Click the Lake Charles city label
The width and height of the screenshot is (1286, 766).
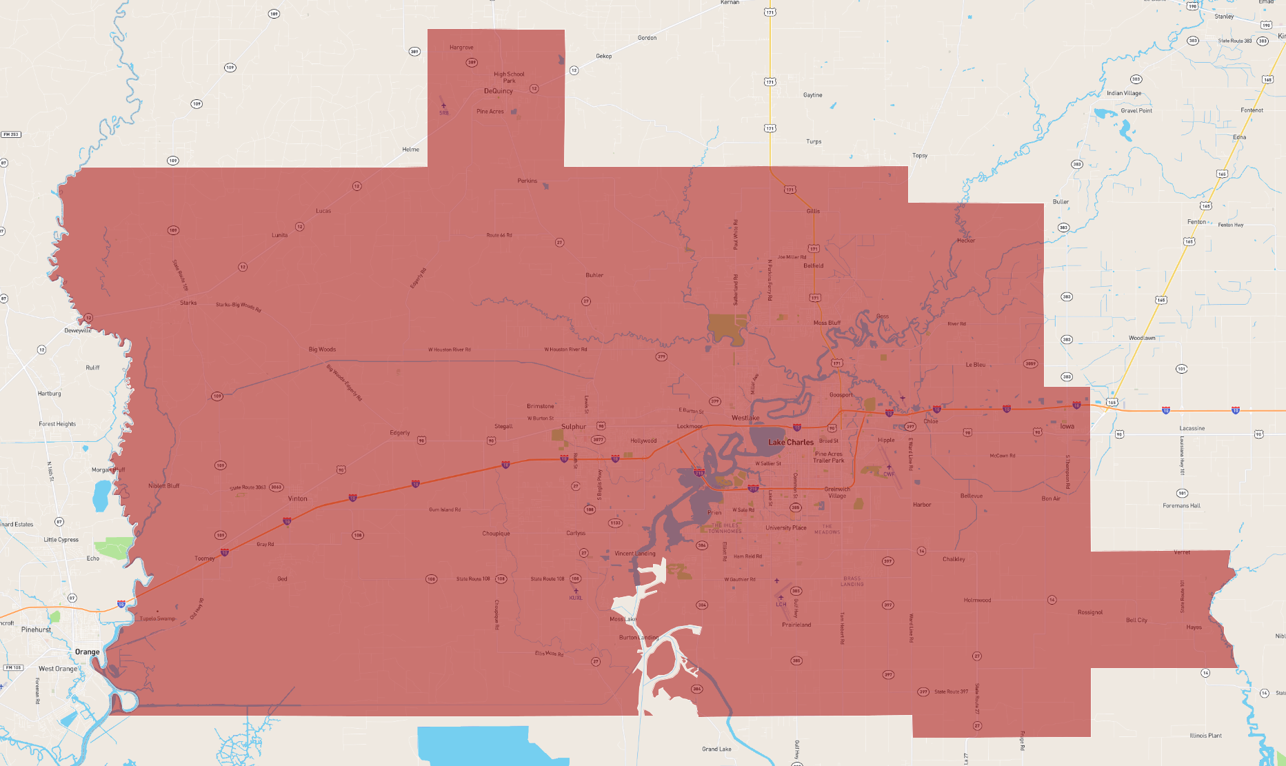pyautogui.click(x=791, y=442)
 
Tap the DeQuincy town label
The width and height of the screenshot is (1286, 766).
pyautogui.click(x=498, y=91)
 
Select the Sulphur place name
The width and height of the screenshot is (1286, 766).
pyautogui.click(x=573, y=427)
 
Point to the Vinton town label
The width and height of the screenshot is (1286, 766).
pyautogui.click(x=297, y=498)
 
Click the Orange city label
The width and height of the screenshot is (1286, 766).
pyautogui.click(x=87, y=652)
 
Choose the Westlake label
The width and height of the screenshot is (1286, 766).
pyautogui.click(x=745, y=418)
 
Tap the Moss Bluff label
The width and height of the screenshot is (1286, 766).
pyautogui.click(x=827, y=323)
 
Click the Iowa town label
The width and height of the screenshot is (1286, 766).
pyautogui.click(x=1067, y=426)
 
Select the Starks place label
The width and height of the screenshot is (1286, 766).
pyautogui.click(x=188, y=303)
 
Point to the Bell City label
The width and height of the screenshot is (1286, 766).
pyautogui.click(x=1136, y=620)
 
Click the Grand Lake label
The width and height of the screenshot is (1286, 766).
pyautogui.click(x=716, y=749)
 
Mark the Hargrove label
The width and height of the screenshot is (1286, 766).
pyautogui.click(x=461, y=48)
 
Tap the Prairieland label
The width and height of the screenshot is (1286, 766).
pyautogui.click(x=796, y=625)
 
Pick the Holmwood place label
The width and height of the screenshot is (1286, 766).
pyautogui.click(x=977, y=600)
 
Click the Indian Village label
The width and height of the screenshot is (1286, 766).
pyautogui.click(x=1124, y=93)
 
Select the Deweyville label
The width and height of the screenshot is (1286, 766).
pyautogui.click(x=78, y=330)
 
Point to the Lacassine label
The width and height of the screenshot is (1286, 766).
pyautogui.click(x=1192, y=428)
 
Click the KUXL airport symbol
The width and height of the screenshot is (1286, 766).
pyautogui.click(x=576, y=591)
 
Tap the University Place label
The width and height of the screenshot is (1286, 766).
pyautogui.click(x=785, y=528)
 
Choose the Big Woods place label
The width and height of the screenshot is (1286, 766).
pyautogui.click(x=322, y=350)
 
